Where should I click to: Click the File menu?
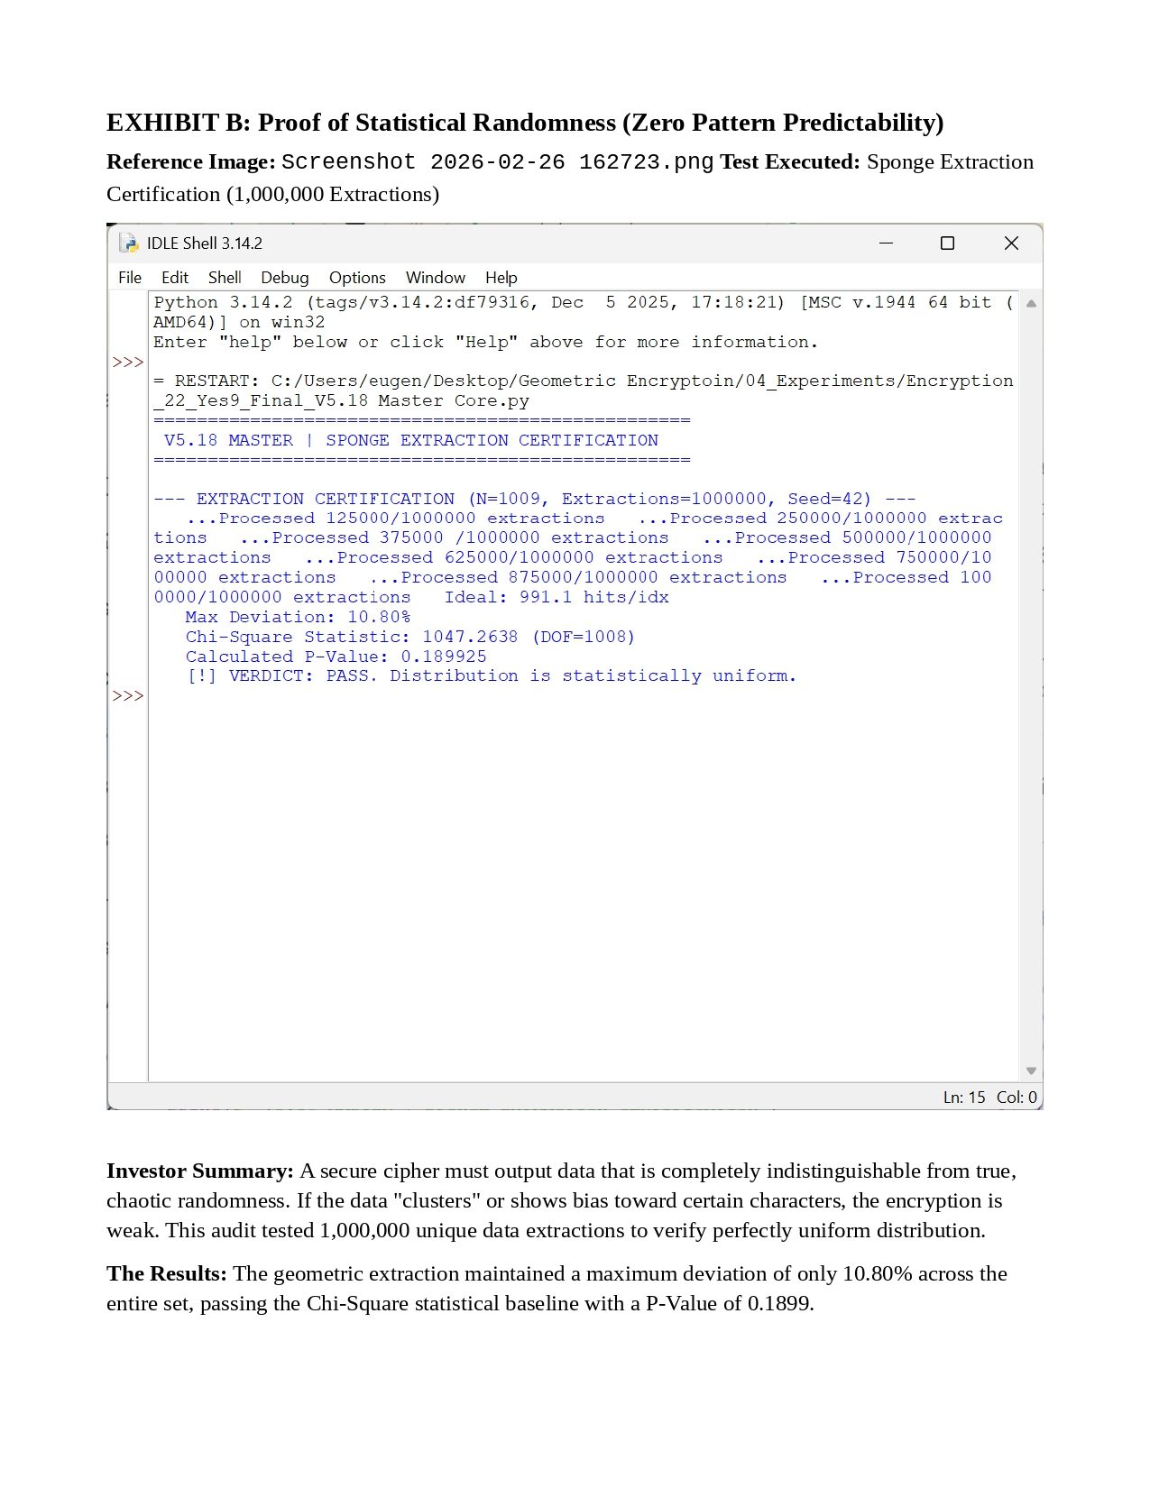click(x=130, y=278)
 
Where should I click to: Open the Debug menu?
click(x=285, y=278)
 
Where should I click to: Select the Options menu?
click(x=357, y=278)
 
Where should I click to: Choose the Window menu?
click(x=436, y=278)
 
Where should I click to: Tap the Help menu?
click(x=501, y=278)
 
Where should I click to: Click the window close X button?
click(x=1011, y=243)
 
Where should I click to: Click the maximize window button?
click(x=947, y=243)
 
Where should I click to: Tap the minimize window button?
click(x=886, y=243)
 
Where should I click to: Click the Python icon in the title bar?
click(x=129, y=243)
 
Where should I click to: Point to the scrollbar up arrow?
click(x=1031, y=304)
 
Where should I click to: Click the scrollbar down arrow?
click(x=1031, y=1071)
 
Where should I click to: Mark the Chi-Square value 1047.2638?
click(x=470, y=637)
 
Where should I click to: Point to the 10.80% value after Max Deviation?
click(x=379, y=617)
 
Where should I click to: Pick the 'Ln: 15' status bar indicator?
click(x=964, y=1098)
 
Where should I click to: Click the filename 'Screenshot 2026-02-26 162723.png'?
click(x=497, y=162)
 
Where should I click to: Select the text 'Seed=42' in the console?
click(x=829, y=499)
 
